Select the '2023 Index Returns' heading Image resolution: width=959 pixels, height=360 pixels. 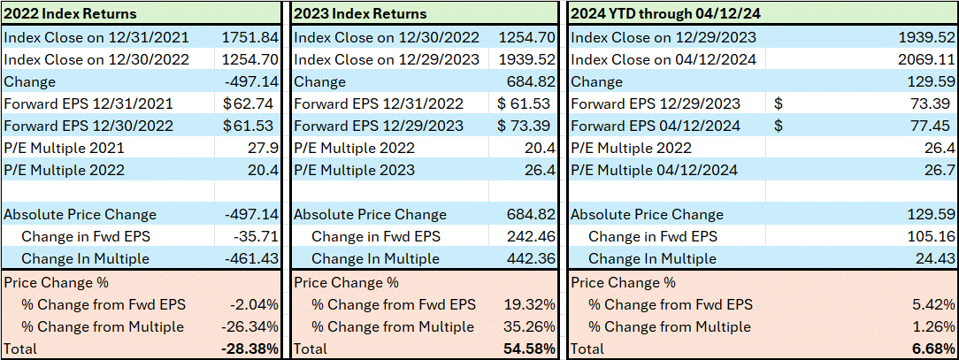360,13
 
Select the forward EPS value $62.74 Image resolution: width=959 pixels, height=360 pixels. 254,104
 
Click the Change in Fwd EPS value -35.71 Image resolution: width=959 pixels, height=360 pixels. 257,237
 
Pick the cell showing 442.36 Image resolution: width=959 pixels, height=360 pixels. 531,259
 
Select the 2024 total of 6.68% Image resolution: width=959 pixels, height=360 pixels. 934,349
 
